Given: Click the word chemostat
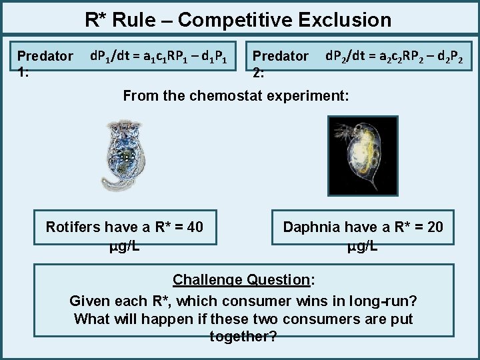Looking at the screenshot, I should pos(227,95).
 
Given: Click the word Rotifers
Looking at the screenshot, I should pos(73,227).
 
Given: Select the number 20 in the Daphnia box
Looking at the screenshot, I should pos(434,227).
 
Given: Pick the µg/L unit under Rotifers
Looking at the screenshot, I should pos(124,246).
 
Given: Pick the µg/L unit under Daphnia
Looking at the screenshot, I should pos(363,246).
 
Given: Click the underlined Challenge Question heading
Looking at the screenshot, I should pos(243,279).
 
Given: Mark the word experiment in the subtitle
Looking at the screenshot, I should pos(313,95).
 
